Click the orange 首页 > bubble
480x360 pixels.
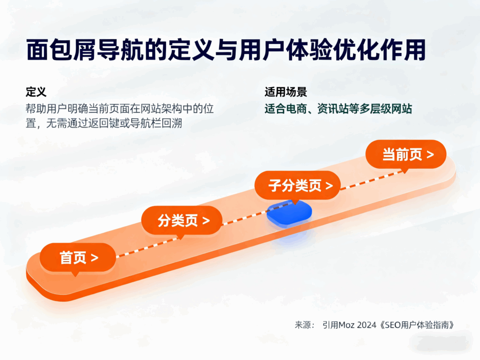click(x=78, y=258)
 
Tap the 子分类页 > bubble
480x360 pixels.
click(x=297, y=186)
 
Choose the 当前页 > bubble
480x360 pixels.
click(x=406, y=155)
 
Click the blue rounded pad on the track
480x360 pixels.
click(x=289, y=212)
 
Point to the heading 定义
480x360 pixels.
click(x=36, y=92)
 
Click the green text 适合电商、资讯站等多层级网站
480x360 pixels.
click(x=338, y=109)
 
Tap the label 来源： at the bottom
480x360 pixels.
click(x=305, y=325)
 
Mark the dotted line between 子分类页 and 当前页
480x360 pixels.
click(x=370, y=181)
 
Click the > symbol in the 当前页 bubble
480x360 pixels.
click(x=429, y=155)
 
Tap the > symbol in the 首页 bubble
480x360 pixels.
click(x=95, y=258)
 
